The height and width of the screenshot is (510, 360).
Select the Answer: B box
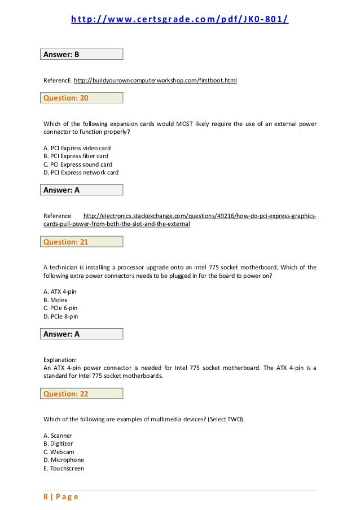83,55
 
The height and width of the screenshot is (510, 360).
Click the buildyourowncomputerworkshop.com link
156,81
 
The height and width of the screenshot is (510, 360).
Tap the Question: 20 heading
83,98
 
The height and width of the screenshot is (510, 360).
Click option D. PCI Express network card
81,172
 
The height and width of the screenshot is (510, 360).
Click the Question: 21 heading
83,242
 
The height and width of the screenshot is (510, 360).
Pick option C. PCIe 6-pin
60,308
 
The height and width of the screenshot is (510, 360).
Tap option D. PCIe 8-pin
60,316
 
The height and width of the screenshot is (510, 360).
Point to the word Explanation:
60,359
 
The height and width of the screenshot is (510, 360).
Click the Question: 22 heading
83,394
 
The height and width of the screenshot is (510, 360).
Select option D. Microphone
63,460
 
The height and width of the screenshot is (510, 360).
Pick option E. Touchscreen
64,468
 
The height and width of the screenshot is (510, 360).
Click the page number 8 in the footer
46,497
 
